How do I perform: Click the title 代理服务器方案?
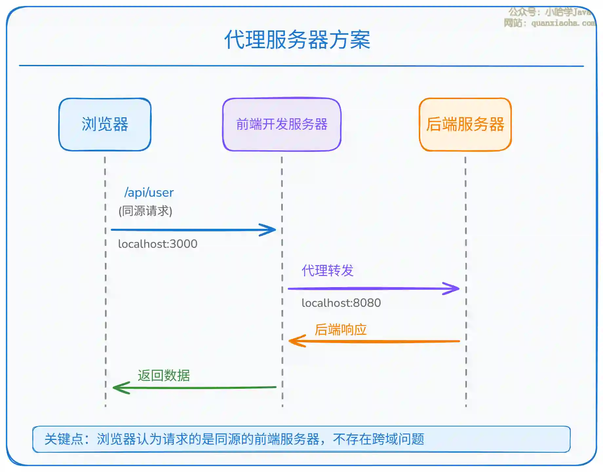[297, 40]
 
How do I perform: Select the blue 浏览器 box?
[105, 125]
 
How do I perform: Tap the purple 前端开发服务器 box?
[282, 125]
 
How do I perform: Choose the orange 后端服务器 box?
[465, 125]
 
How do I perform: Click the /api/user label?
[149, 193]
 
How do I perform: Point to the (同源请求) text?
[145, 211]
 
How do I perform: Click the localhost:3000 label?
[158, 244]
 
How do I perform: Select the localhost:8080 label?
[341, 303]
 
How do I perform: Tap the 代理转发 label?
[327, 271]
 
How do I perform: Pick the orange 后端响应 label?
[340, 330]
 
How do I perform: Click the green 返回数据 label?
[164, 376]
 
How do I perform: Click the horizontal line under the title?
[301, 66]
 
